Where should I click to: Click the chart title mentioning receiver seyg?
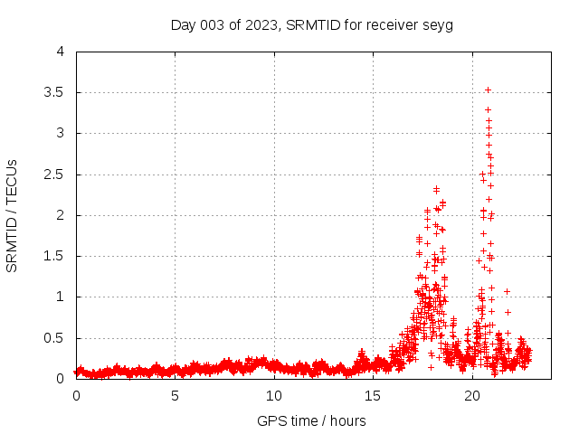[312, 24]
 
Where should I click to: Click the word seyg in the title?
[438, 25]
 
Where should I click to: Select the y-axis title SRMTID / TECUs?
[13, 215]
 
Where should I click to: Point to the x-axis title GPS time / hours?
[312, 420]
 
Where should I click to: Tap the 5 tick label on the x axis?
[175, 396]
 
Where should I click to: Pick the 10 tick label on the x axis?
[274, 396]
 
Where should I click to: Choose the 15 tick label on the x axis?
[373, 396]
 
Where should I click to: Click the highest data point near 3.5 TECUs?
[488, 90]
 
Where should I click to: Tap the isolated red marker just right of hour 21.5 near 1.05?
[508, 291]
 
